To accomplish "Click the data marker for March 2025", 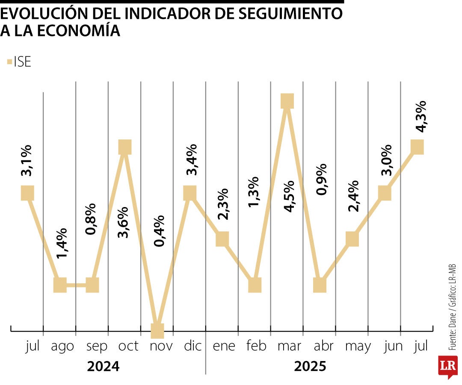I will coord(287,101).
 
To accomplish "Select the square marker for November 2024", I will coord(157,331).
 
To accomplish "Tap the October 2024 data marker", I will coord(124,147).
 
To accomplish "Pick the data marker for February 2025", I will coord(255,284).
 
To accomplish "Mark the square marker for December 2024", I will coord(190,193).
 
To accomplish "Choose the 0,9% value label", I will coord(320,179).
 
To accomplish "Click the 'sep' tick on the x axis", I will coord(97,346).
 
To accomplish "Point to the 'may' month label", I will coord(358,346).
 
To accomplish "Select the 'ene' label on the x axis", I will coord(224,346).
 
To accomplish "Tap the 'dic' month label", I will coord(192,346).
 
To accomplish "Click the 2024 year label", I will coord(103,366).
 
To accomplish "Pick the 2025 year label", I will coord(310,366).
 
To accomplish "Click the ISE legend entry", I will coord(19,62).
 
